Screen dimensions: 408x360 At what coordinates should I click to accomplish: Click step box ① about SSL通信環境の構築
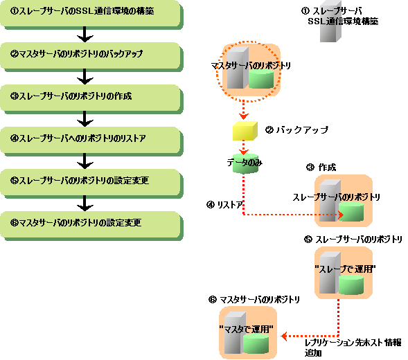click(x=91, y=14)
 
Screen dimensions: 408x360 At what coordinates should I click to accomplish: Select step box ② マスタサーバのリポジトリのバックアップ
click(x=91, y=57)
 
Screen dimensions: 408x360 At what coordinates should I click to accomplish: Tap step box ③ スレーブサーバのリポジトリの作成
click(x=91, y=99)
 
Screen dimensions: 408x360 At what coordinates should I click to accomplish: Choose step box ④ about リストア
click(x=91, y=141)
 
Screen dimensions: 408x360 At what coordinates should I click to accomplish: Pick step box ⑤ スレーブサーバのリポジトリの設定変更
click(x=91, y=183)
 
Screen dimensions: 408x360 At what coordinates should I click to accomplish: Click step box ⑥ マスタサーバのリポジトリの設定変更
click(x=91, y=225)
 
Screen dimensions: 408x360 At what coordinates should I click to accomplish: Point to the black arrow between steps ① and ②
click(x=85, y=35)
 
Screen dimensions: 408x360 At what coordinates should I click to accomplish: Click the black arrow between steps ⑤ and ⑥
click(x=85, y=203)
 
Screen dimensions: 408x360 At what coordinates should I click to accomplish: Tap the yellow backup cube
click(x=245, y=131)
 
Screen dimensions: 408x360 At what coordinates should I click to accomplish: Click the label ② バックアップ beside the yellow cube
click(x=296, y=129)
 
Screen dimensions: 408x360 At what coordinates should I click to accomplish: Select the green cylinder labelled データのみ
click(x=245, y=163)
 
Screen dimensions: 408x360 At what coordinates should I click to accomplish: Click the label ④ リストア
click(x=224, y=205)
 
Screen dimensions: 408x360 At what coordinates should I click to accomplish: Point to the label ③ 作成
click(x=321, y=168)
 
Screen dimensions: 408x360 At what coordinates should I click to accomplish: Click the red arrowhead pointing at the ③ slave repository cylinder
click(x=341, y=215)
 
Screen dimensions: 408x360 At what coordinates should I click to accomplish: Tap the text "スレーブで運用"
click(x=345, y=269)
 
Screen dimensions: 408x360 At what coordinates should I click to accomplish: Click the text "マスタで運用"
click(x=246, y=330)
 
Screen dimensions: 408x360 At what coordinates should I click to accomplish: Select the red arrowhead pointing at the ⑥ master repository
click(x=285, y=336)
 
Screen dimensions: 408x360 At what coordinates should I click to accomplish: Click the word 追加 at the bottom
click(x=313, y=353)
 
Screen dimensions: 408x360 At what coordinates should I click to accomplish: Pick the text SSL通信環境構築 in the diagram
click(x=343, y=21)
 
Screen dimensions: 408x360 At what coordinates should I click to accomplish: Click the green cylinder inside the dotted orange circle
click(x=261, y=79)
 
